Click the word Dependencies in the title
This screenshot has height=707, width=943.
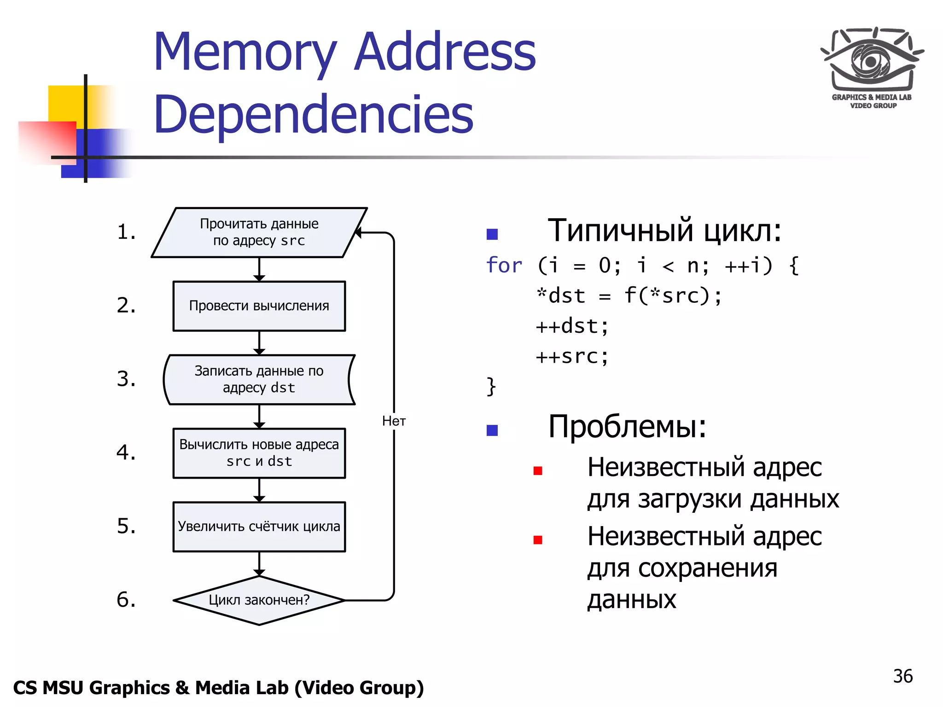[313, 114]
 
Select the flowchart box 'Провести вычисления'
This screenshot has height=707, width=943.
[259, 306]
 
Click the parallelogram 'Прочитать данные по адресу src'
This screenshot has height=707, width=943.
[259, 232]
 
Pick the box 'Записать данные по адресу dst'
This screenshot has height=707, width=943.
[259, 379]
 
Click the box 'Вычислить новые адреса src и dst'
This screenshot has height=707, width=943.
[259, 453]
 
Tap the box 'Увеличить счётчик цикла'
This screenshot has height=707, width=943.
[259, 527]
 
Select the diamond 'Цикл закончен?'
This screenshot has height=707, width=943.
[259, 600]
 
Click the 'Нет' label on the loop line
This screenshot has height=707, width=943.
[394, 421]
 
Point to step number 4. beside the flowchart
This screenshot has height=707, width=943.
[126, 452]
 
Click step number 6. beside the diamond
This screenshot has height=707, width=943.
[126, 600]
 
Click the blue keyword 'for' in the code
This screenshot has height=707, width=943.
[504, 266]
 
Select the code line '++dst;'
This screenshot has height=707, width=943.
[572, 326]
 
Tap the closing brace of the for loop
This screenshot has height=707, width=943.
[491, 386]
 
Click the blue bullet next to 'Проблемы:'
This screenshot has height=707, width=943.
[492, 430]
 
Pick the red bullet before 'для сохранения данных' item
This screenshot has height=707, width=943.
[537, 540]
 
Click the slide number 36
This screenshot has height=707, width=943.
[902, 676]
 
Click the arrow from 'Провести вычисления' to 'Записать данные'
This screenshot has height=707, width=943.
[259, 343]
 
